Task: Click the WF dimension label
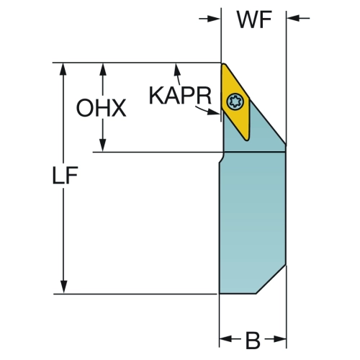click(254, 19)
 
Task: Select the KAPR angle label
click(180, 95)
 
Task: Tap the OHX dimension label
click(101, 108)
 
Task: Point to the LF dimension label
click(65, 176)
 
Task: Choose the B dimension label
click(253, 341)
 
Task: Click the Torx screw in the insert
click(235, 102)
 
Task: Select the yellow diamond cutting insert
click(235, 102)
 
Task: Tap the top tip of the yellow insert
click(223, 64)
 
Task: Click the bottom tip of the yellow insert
click(247, 140)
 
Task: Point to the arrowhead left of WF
click(214, 19)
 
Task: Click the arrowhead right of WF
click(293, 18)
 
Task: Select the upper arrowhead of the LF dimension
click(63, 70)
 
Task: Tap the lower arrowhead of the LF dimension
click(63, 287)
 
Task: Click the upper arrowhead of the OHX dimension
click(103, 70)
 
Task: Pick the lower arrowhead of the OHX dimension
click(103, 145)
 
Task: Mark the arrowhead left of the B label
click(226, 339)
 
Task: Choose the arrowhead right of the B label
click(280, 339)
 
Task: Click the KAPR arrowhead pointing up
click(177, 70)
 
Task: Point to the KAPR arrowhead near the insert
click(213, 112)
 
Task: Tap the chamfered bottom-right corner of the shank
click(271, 279)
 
